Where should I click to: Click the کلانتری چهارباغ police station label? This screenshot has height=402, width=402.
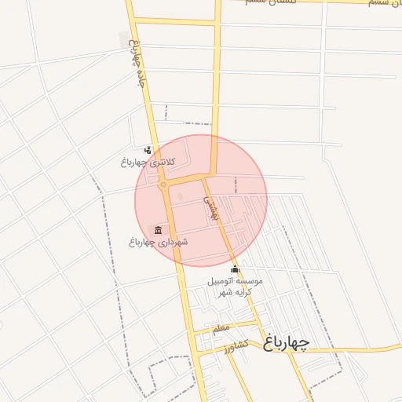point(148,162)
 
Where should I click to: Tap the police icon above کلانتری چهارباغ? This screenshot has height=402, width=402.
point(148,149)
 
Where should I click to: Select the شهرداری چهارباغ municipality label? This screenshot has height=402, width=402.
point(159,242)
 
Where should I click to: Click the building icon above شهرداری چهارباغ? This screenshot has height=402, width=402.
point(159,229)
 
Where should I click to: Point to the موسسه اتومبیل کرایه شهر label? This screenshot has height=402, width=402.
point(235,286)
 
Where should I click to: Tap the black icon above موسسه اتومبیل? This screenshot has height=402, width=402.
point(235,269)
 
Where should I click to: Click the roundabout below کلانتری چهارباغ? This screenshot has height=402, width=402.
point(163,186)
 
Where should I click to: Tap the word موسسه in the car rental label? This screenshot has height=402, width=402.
point(250,280)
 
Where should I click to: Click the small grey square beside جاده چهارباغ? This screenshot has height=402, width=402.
point(123,37)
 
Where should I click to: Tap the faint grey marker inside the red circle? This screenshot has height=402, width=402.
point(180,196)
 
